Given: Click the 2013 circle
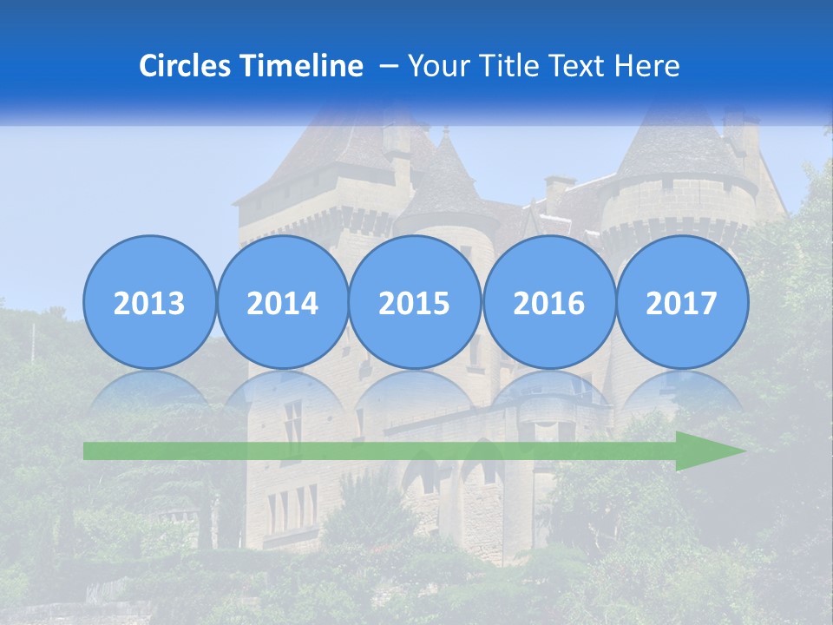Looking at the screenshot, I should coord(149,302).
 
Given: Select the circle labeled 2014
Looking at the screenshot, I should coord(282,302).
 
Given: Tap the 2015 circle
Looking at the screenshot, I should coord(415,302).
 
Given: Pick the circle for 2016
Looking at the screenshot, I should coord(548,302).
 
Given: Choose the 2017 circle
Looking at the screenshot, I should coord(682,302).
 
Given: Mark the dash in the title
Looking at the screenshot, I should coord(389,66).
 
